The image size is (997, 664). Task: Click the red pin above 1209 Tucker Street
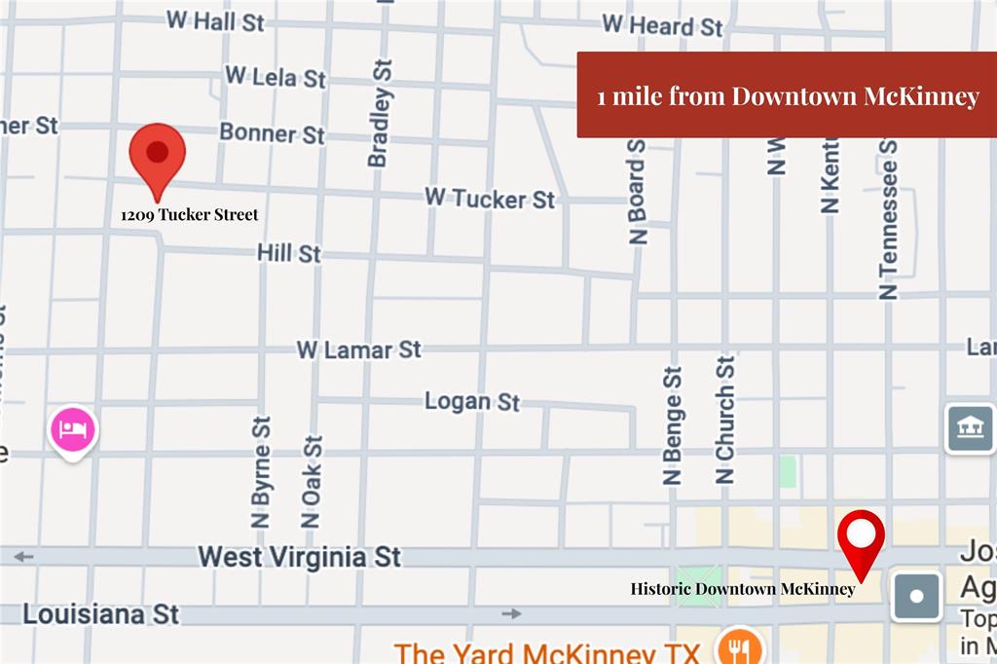[x=158, y=156]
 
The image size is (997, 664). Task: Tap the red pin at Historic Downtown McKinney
[x=862, y=537]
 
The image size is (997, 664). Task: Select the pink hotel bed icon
[x=73, y=429]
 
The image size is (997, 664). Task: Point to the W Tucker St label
[x=489, y=199]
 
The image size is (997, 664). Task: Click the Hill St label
[x=288, y=253]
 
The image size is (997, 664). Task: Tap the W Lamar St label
[x=358, y=349]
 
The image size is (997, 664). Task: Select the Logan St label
[x=472, y=400]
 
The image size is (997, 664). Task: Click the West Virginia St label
[x=299, y=557]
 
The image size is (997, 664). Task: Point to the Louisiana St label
[x=101, y=614]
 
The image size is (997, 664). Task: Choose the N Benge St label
[x=673, y=425]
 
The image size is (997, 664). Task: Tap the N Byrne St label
[x=261, y=472]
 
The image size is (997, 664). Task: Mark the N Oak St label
[x=312, y=481]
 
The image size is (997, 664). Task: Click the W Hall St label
[x=215, y=20]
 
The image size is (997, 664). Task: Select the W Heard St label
[x=662, y=25]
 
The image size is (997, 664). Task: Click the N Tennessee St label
[x=888, y=219]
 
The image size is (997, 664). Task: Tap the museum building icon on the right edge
[x=970, y=428]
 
